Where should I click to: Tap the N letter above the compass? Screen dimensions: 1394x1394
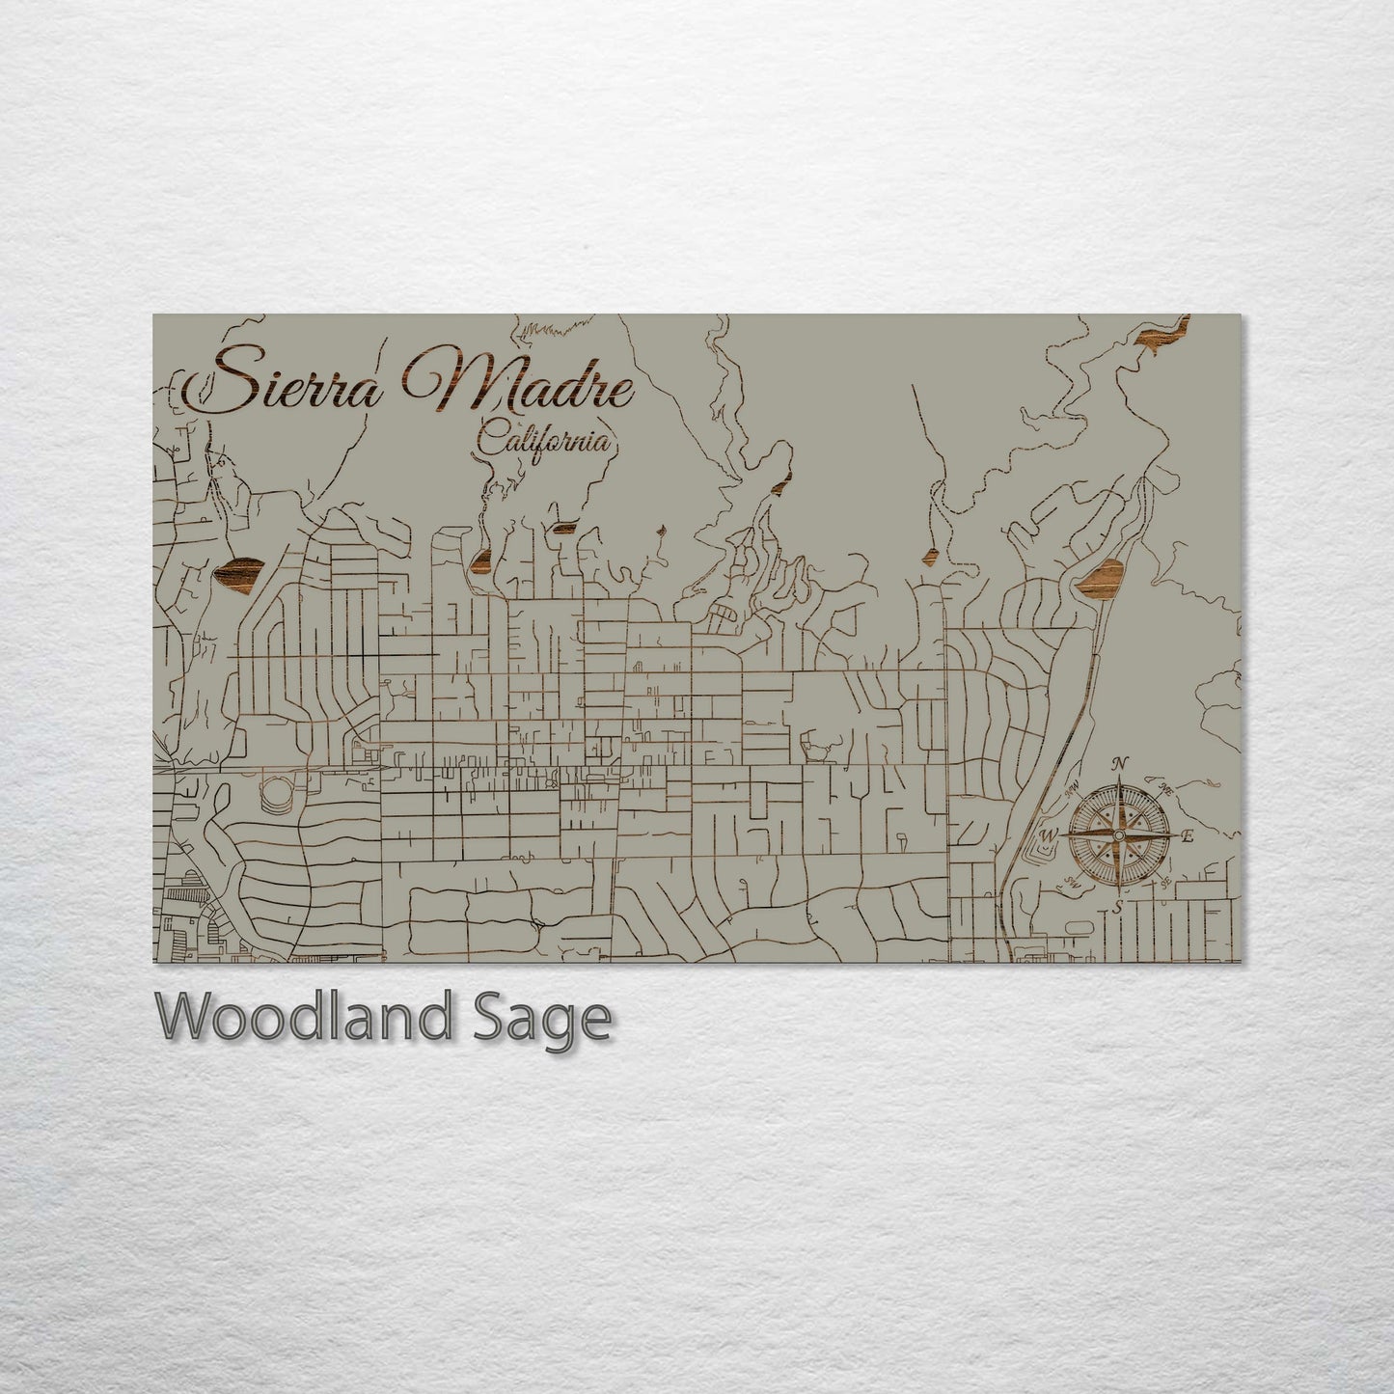coord(1119,764)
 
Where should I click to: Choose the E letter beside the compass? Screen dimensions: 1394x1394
coord(1188,836)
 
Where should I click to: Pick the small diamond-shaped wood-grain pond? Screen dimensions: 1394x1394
coord(932,557)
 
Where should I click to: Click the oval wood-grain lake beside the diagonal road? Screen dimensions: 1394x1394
coord(1098,578)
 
